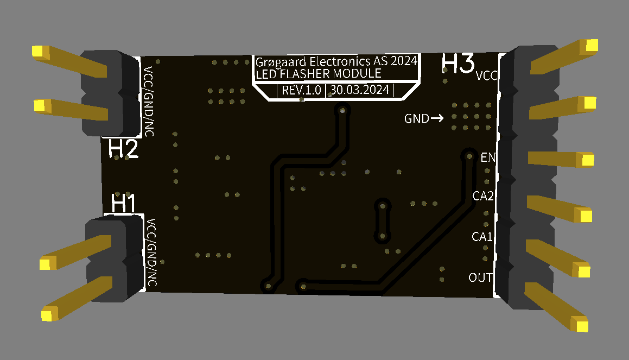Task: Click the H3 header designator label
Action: [459, 64]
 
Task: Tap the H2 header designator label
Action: [123, 148]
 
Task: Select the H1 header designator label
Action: [123, 203]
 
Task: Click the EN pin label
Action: [488, 158]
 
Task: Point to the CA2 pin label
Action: [482, 197]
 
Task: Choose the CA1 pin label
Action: [482, 237]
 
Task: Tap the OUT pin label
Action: [480, 278]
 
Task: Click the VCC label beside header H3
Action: [486, 76]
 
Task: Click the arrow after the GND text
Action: [437, 118]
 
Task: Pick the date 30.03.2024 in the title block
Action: [360, 90]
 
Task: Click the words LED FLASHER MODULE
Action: [318, 74]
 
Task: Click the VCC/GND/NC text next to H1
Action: [151, 252]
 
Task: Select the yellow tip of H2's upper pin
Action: [39, 52]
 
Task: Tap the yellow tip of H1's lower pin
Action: [49, 314]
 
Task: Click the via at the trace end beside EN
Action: [468, 156]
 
